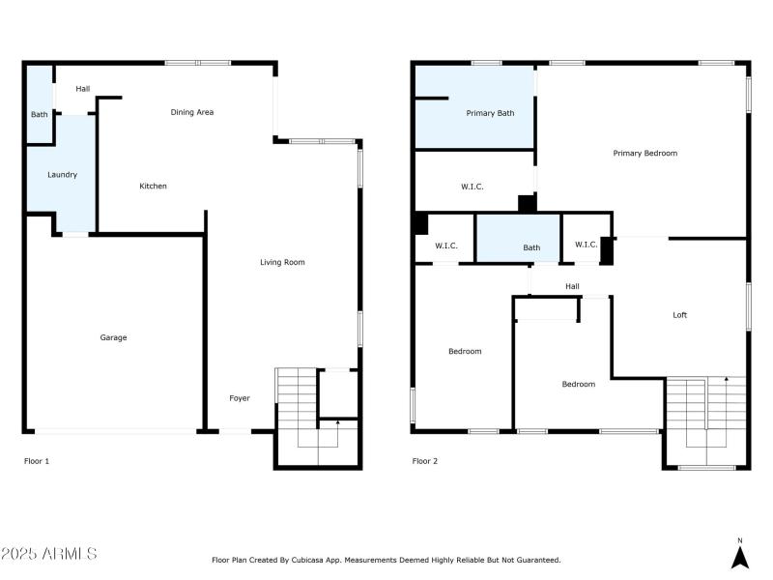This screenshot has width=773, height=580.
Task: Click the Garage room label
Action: (113, 337)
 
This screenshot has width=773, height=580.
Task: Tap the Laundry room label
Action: (63, 175)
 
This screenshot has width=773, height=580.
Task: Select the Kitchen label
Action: (153, 186)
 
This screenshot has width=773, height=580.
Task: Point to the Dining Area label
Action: (192, 112)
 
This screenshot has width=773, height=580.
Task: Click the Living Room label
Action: (282, 262)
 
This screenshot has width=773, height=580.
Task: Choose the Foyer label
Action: (239, 398)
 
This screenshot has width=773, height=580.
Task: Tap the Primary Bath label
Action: (490, 113)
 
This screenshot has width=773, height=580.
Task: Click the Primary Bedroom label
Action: (644, 153)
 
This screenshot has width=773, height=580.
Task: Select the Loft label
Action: (680, 315)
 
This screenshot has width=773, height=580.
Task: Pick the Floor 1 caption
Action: (37, 461)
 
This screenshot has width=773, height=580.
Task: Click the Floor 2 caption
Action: (425, 461)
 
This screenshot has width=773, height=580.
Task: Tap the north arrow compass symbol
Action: (739, 556)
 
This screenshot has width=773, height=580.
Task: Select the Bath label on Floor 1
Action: (39, 115)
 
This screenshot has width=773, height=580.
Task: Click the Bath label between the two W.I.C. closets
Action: (531, 247)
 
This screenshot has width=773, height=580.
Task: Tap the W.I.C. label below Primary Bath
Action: (472, 187)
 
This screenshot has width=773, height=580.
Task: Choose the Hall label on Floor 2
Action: (572, 286)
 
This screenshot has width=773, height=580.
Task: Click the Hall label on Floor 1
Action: (83, 89)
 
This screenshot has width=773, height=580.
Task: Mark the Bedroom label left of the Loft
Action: (579, 384)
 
